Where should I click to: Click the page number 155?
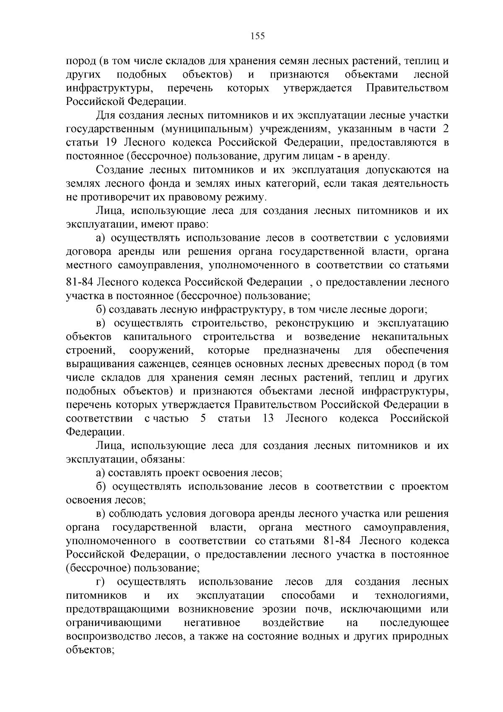tap(257, 36)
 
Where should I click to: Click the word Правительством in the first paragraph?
tap(407, 88)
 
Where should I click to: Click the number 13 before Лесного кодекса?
tap(268, 418)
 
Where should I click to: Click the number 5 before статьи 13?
tap(203, 418)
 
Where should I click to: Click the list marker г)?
tap(100, 582)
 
